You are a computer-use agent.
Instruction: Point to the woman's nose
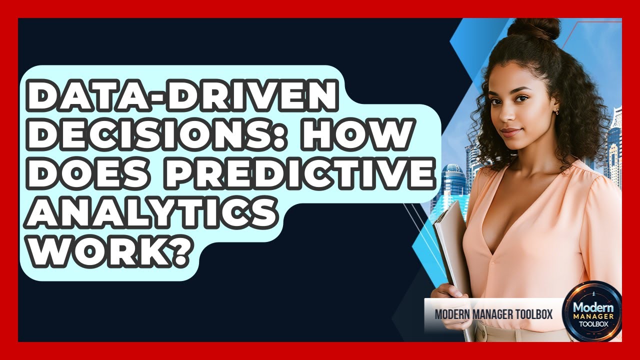point(510,119)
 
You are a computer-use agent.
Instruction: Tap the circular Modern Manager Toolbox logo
point(592,311)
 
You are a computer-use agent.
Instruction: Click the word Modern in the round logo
point(592,305)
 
